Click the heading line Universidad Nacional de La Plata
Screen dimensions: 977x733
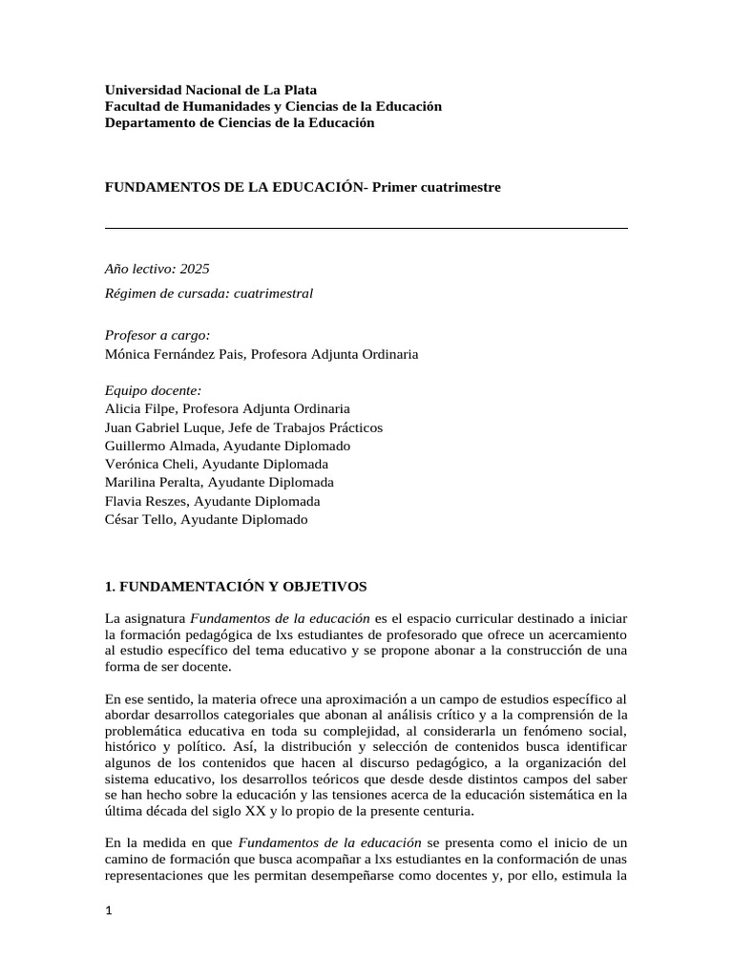210,90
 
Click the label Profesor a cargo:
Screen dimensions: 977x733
157,336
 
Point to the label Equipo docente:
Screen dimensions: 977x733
153,390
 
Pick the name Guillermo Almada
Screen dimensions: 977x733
155,446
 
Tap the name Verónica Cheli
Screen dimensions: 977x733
148,464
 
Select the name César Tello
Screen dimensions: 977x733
137,519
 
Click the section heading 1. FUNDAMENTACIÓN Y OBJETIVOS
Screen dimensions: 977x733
236,585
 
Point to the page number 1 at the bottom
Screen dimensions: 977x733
109,911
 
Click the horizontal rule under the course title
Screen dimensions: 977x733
366,228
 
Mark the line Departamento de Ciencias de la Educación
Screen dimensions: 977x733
240,123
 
